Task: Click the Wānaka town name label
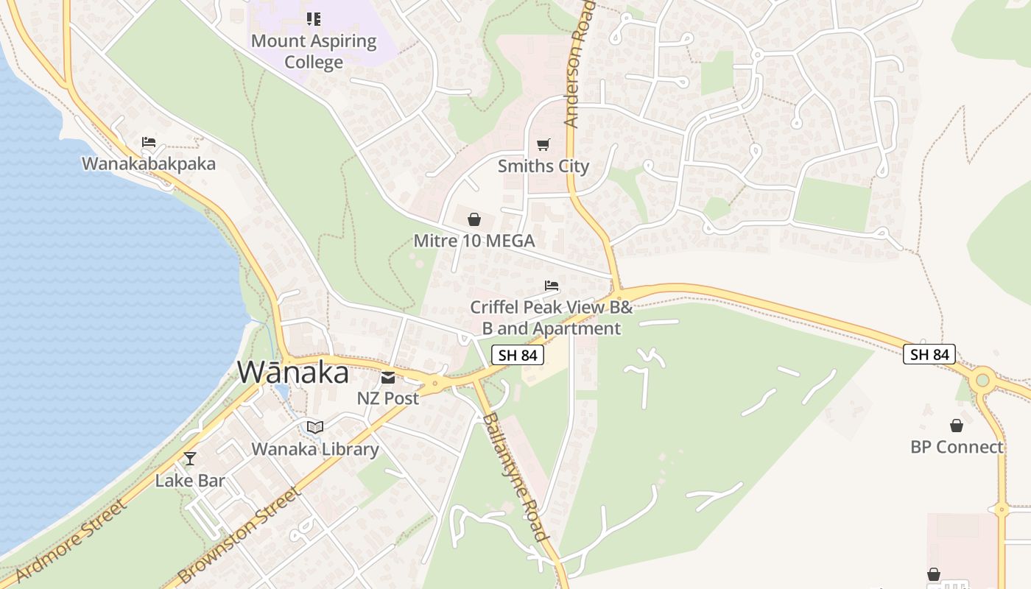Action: pos(292,373)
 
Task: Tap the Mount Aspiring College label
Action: pos(314,52)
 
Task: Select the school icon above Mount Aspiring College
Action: pos(314,18)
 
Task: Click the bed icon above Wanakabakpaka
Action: pos(149,141)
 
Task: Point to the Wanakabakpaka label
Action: pos(149,163)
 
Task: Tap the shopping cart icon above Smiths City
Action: pos(543,144)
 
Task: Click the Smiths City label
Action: pos(543,166)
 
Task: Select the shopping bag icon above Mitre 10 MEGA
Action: pos(474,219)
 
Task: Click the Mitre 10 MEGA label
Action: pos(474,241)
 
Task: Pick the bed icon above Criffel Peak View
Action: pos(551,286)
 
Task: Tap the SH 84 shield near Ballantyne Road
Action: pos(518,355)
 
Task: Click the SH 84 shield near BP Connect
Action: pos(929,354)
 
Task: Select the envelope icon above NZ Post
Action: pos(388,378)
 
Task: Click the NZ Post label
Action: pos(388,398)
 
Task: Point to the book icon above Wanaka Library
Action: pos(314,427)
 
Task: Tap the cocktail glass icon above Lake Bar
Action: pos(190,459)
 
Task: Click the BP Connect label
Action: pos(957,447)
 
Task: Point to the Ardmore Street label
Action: pos(71,539)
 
